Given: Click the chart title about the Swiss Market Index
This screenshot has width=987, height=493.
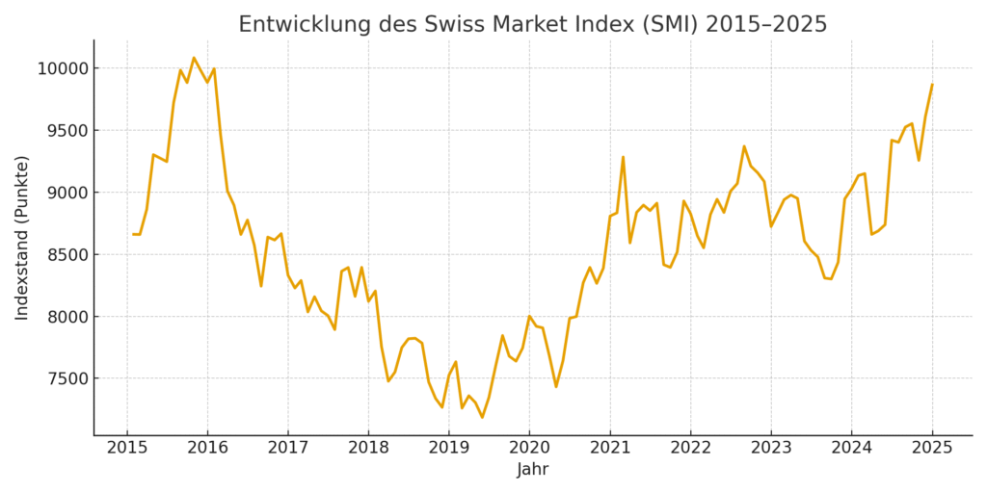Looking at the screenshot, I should (x=532, y=24).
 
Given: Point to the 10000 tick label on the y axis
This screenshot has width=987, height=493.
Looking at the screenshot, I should (x=61, y=68).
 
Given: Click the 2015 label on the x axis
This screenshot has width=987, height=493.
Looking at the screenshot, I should (x=127, y=448).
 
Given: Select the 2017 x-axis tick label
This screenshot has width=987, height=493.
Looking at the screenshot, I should (x=288, y=448).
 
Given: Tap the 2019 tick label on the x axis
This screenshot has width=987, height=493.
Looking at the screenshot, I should (x=449, y=448).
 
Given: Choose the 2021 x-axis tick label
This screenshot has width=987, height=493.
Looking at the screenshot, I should (x=610, y=448).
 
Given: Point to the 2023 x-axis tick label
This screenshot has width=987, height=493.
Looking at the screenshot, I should (x=771, y=448).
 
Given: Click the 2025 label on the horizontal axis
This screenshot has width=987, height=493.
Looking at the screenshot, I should (x=932, y=448).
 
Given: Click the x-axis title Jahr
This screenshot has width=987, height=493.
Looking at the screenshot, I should (x=532, y=470).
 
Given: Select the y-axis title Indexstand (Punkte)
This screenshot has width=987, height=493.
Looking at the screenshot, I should (x=22, y=237).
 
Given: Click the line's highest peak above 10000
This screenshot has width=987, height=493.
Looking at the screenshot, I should (x=194, y=58).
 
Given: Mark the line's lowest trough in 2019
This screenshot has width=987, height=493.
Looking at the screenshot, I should (x=482, y=417).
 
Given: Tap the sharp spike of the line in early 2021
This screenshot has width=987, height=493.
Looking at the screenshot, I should (x=623, y=157).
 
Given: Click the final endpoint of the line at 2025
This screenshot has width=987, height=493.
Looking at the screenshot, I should (x=932, y=84).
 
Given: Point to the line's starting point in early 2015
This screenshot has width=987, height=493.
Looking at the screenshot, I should (x=134, y=234).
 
